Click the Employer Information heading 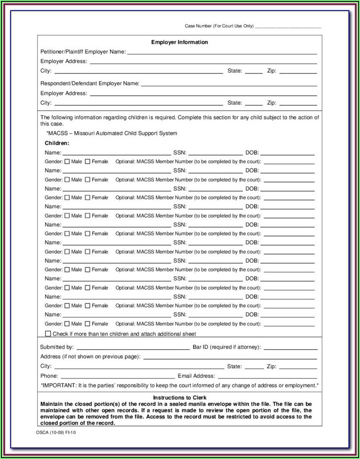(x=180, y=42)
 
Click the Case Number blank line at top (x=288, y=27)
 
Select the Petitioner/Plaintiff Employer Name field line (x=222, y=53)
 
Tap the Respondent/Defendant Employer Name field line (x=229, y=85)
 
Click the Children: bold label (x=57, y=143)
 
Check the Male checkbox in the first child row (x=67, y=162)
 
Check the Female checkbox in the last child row (x=88, y=324)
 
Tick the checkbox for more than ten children (x=48, y=333)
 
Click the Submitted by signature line (x=133, y=348)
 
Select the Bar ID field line (x=290, y=348)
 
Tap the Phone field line (x=118, y=377)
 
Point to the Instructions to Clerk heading (x=180, y=398)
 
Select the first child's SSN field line (x=215, y=153)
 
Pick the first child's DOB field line (x=288, y=153)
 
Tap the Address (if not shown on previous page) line (x=230, y=357)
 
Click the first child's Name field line (x=116, y=153)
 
